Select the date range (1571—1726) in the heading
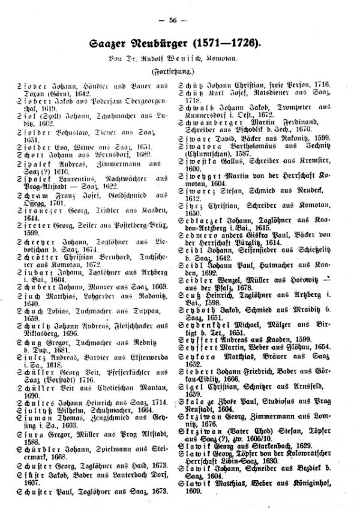pyautogui.click(x=224, y=44)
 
